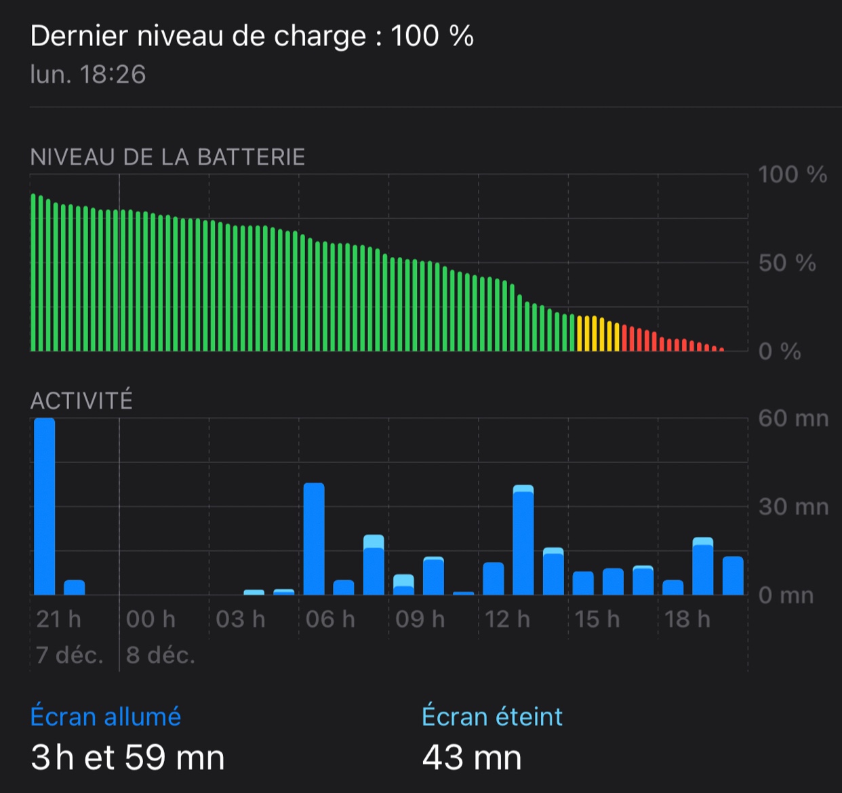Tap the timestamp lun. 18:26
coord(88,75)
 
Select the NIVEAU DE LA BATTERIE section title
coord(167,157)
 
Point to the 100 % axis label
coord(792,175)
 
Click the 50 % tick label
coord(786,263)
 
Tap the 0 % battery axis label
coord(780,351)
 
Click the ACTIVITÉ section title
coord(81,401)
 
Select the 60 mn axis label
coord(793,418)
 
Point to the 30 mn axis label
coord(793,506)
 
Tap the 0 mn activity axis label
coord(786,595)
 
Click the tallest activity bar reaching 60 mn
coord(45,506)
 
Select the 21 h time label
coord(58,619)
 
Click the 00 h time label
coord(151,619)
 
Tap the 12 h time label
coord(507,619)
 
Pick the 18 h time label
coord(687,619)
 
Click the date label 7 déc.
coord(69,655)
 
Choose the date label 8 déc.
coord(161,655)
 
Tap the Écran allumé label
coord(106,716)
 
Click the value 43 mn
coord(472,757)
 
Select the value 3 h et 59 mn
coord(127,757)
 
